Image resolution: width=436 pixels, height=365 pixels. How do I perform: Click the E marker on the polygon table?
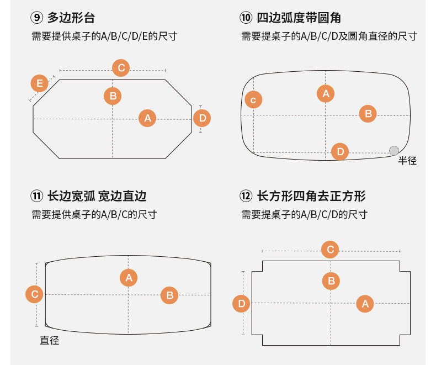tap(39, 84)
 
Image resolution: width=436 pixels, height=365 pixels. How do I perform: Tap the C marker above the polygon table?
tap(121, 68)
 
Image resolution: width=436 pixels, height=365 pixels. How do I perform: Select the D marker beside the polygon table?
tap(202, 118)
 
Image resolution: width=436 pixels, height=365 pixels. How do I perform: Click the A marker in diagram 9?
tap(147, 118)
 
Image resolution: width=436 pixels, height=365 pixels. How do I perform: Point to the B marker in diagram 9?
tap(113, 96)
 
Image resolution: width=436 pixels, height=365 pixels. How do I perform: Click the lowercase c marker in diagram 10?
tap(253, 100)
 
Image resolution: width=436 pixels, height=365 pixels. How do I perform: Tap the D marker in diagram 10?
tap(340, 151)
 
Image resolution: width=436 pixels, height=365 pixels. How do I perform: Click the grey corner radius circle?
tap(394, 150)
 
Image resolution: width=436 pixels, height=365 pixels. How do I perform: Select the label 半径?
tap(407, 161)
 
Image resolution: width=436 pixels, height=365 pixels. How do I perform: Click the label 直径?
tap(49, 341)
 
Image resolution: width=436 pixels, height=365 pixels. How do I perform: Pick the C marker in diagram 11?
tap(34, 294)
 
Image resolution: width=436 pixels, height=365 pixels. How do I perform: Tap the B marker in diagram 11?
tap(169, 295)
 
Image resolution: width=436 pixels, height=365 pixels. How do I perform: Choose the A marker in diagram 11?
tap(129, 277)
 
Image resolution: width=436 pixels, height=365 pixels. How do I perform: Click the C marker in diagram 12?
tap(330, 250)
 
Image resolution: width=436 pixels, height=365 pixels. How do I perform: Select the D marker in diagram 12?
tap(241, 303)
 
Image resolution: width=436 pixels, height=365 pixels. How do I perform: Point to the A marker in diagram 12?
tap(364, 303)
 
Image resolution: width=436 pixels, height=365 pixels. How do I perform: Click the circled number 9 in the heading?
tap(37, 18)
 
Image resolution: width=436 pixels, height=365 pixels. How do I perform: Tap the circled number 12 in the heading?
tap(246, 196)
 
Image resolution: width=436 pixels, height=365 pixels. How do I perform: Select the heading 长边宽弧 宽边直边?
tap(97, 196)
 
